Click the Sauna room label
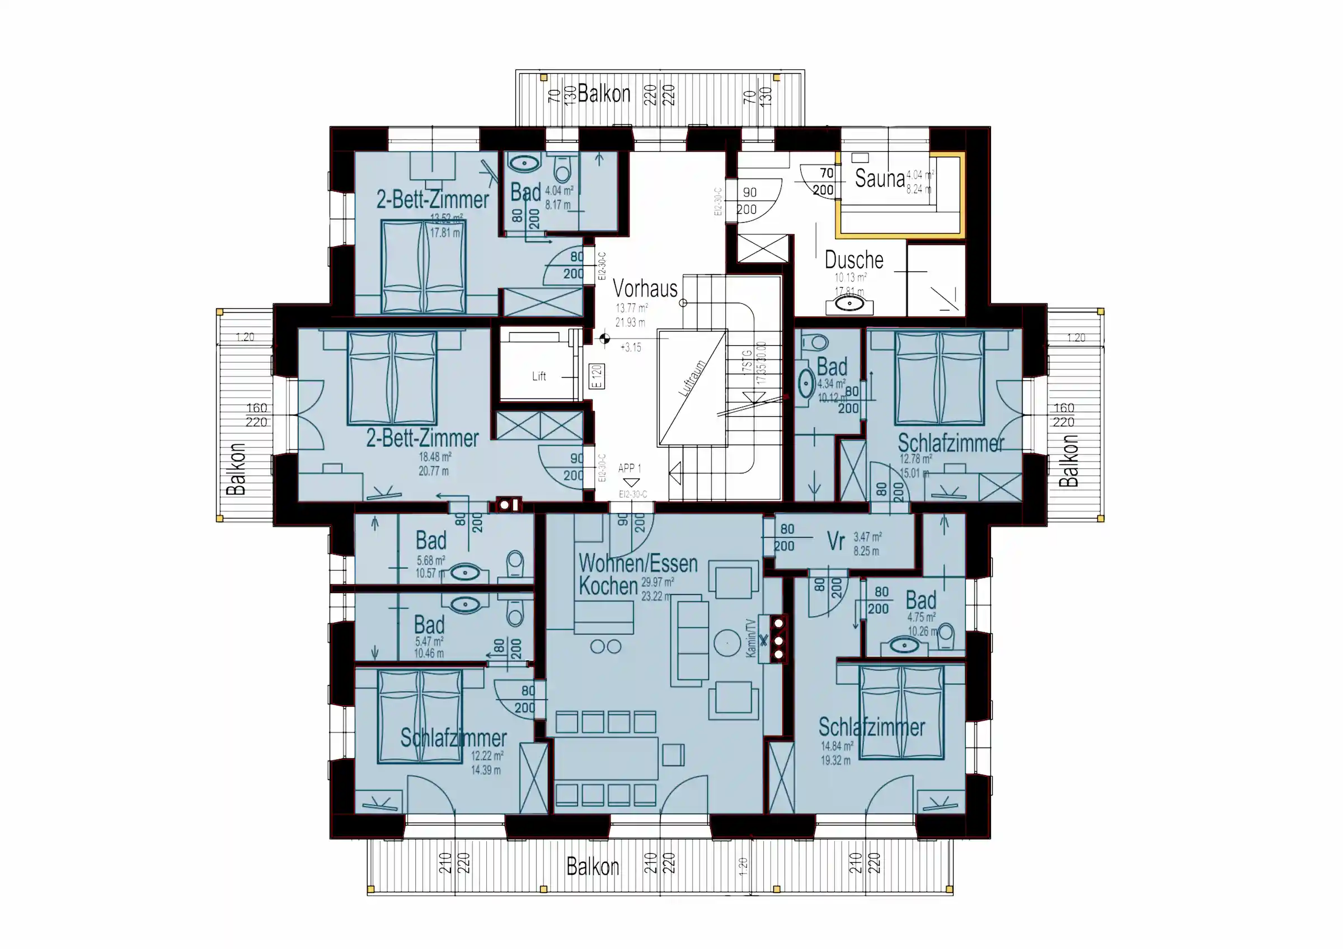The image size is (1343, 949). (x=879, y=178)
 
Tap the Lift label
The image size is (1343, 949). (x=539, y=377)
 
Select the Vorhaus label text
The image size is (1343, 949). (x=645, y=288)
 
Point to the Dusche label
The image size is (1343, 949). (x=853, y=260)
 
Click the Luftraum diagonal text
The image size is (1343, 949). (x=692, y=378)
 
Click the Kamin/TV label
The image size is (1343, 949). (x=750, y=638)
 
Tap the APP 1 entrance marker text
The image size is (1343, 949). (x=630, y=468)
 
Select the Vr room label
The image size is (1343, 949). (x=835, y=542)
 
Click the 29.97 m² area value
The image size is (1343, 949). (x=657, y=582)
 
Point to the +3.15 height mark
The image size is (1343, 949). (x=631, y=347)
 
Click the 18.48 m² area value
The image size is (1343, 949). (x=435, y=457)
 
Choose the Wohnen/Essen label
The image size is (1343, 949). (x=637, y=563)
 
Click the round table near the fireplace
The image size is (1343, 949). (x=727, y=642)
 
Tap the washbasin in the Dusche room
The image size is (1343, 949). (x=849, y=303)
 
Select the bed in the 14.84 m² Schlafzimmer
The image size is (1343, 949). (x=901, y=712)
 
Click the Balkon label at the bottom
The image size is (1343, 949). (x=592, y=867)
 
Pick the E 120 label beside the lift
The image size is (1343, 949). (x=596, y=377)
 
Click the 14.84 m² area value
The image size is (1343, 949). (x=837, y=746)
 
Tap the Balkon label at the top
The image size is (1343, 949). (x=604, y=93)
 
